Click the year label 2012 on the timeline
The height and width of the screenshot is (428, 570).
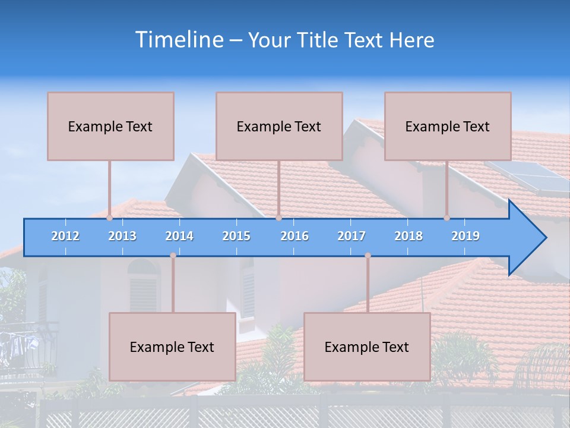(65, 237)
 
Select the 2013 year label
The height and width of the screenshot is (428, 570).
(122, 237)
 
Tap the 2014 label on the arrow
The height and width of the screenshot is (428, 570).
(179, 237)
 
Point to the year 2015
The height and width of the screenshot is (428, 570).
(236, 237)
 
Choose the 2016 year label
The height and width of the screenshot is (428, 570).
(294, 237)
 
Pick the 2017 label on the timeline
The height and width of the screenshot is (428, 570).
(351, 237)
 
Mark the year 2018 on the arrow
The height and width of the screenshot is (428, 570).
(408, 237)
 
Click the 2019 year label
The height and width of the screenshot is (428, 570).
(465, 237)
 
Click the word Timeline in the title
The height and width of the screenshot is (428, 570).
(178, 40)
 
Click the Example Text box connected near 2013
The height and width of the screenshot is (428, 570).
(110, 126)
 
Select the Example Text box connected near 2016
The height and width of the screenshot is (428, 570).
(279, 126)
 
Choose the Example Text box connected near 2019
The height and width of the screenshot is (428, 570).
(448, 126)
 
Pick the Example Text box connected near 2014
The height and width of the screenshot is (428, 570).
(172, 347)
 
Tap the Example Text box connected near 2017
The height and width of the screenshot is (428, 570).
(367, 347)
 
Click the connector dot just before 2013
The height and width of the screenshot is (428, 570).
(110, 218)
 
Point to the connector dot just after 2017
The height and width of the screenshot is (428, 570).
(368, 256)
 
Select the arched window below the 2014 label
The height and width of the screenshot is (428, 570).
(144, 285)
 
